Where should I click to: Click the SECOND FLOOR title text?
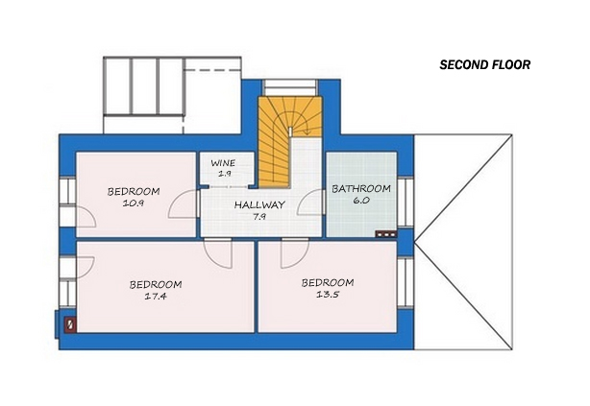pyautogui.click(x=484, y=66)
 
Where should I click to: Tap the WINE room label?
pyautogui.click(x=223, y=163)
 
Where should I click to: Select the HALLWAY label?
pyautogui.click(x=259, y=205)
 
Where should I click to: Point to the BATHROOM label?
pyautogui.click(x=361, y=189)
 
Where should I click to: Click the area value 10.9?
pyautogui.click(x=133, y=203)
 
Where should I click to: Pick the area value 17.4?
pyautogui.click(x=157, y=298)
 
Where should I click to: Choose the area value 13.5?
pyautogui.click(x=328, y=296)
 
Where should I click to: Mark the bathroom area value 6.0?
pyautogui.click(x=361, y=202)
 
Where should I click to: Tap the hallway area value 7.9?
pyautogui.click(x=259, y=217)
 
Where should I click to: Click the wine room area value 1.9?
pyautogui.click(x=224, y=174)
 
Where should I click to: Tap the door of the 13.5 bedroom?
pyautogui.click(x=293, y=253)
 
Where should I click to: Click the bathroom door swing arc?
pyautogui.click(x=309, y=204)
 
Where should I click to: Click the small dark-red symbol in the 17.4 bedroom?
pyautogui.click(x=69, y=324)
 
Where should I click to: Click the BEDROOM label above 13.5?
pyautogui.click(x=328, y=283)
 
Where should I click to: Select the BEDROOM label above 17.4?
pyautogui.click(x=157, y=285)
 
